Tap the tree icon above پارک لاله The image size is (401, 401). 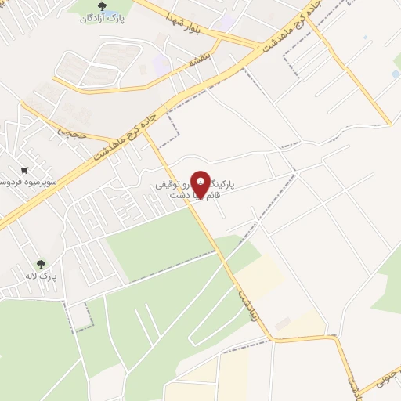pos(41,264)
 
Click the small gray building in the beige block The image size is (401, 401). pos(283,322)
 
